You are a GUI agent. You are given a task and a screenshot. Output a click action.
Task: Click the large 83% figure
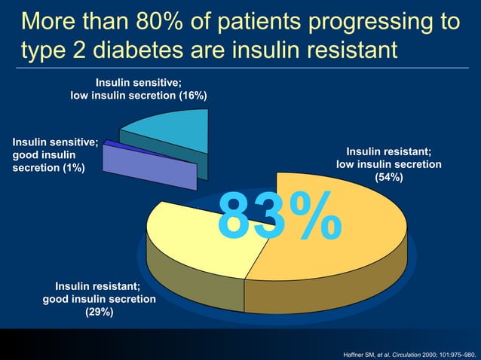279,216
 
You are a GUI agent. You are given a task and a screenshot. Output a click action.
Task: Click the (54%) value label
388,178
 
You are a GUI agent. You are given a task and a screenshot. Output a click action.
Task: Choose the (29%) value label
99,313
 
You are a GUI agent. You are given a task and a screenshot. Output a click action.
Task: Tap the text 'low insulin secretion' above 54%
388,164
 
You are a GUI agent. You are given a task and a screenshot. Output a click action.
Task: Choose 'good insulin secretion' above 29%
99,299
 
